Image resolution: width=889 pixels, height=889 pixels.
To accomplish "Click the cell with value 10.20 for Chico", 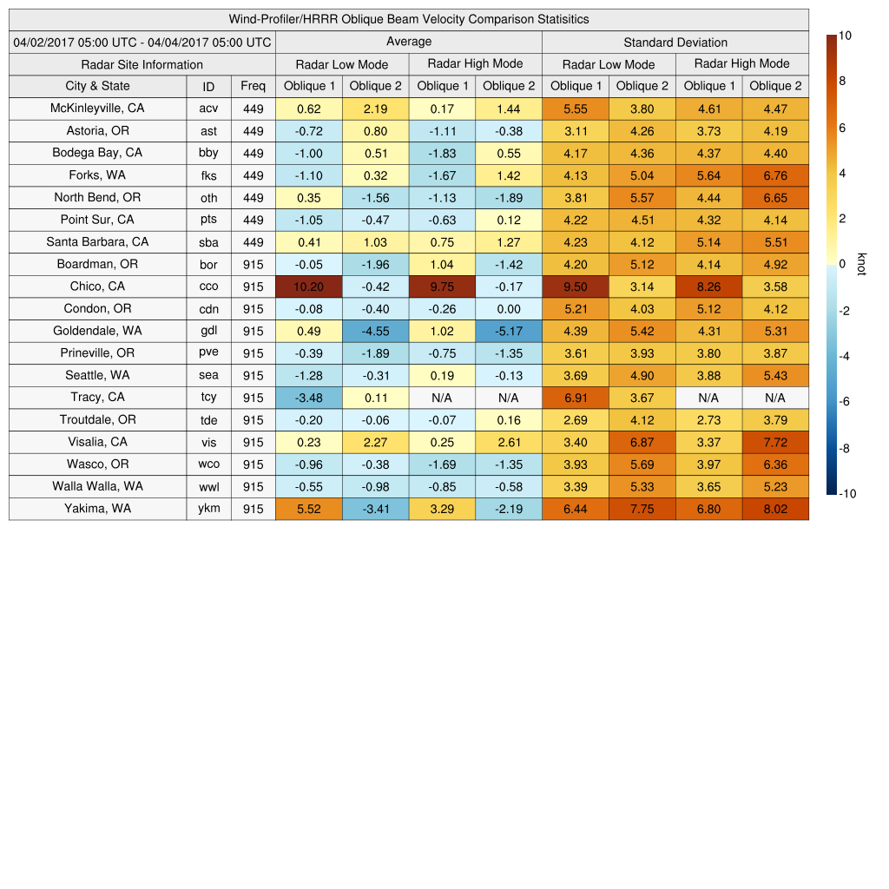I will [x=308, y=286].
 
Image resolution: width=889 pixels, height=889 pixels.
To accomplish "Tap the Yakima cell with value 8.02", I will [x=775, y=509].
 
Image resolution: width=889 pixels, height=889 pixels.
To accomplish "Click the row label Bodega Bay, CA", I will [x=97, y=153].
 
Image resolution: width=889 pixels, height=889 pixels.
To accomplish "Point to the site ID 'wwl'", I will [x=208, y=487].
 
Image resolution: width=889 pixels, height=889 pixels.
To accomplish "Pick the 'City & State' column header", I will [x=97, y=86].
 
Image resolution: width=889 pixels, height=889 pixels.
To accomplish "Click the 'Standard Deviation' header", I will [x=675, y=43].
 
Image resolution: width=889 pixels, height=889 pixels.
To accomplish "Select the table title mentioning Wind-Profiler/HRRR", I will [x=409, y=19].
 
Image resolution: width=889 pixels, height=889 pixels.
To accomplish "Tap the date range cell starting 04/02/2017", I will [x=142, y=43].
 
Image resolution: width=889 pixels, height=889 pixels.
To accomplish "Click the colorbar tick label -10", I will [x=846, y=494].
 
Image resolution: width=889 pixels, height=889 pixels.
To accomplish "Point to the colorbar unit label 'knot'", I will [x=861, y=263].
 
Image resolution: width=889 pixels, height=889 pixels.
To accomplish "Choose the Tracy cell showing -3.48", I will [x=308, y=398].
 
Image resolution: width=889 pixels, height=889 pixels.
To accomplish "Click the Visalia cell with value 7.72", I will [x=775, y=443].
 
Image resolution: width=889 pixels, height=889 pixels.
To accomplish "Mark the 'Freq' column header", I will [x=253, y=86].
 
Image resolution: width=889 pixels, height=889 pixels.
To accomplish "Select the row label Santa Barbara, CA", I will [x=97, y=242].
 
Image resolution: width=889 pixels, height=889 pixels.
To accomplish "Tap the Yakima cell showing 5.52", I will [x=308, y=509].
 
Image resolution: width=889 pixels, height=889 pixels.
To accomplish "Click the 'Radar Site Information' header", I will [x=142, y=64].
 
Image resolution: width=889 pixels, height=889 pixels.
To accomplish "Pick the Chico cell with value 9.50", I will [x=575, y=286].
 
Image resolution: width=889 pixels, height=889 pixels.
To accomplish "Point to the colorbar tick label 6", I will [x=842, y=128].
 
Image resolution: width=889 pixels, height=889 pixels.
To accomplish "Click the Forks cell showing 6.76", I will [x=775, y=175].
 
